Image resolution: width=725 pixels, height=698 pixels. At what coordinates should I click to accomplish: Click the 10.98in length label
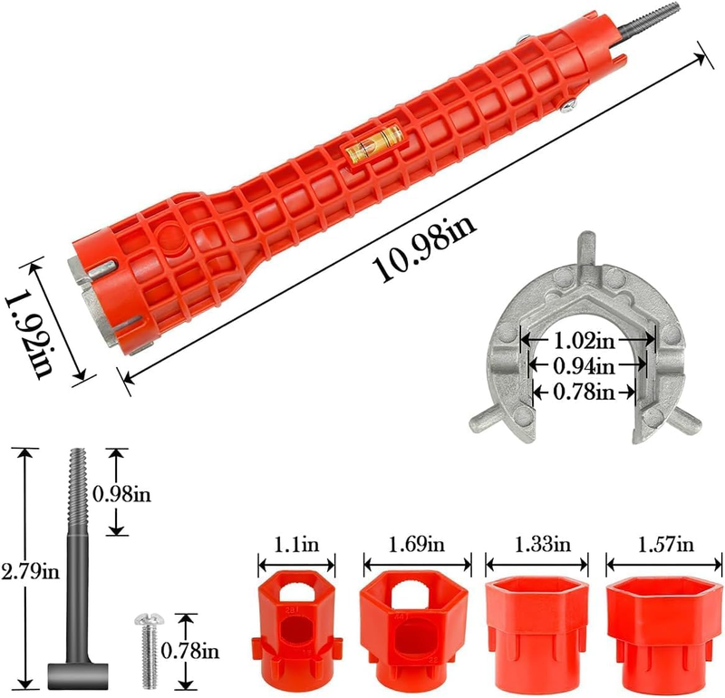tap(424, 248)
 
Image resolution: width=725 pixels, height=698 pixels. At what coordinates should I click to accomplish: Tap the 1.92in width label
tap(29, 333)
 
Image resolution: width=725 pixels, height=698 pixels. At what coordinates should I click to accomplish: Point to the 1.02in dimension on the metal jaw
tap(585, 341)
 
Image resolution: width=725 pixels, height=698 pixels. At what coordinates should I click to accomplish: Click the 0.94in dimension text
tap(585, 366)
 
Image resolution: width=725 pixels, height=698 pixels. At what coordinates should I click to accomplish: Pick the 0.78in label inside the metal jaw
tap(585, 393)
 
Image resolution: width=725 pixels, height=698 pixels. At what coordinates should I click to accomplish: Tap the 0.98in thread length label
tap(122, 494)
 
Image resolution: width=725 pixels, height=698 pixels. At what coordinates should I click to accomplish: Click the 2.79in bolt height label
tap(31, 572)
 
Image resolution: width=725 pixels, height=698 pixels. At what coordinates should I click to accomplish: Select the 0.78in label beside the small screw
tap(190, 651)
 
